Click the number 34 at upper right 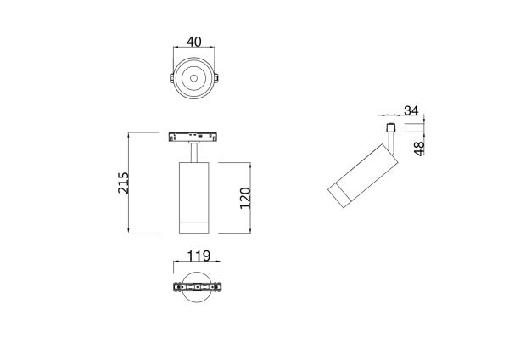click(x=411, y=110)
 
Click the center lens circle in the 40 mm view click(x=193, y=80)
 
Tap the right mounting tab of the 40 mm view click(x=215, y=80)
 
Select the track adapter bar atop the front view click(x=195, y=136)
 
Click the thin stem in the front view click(x=195, y=151)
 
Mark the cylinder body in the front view click(x=195, y=187)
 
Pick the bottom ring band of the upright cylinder click(x=195, y=226)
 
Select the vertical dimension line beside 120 click(x=253, y=197)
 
